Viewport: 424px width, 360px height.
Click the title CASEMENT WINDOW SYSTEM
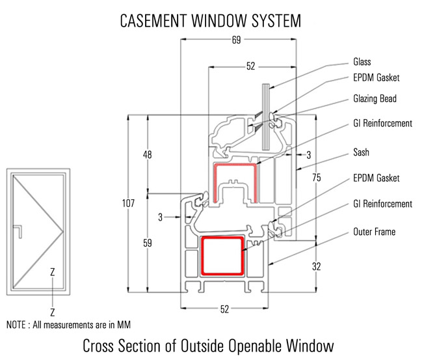pos(211,21)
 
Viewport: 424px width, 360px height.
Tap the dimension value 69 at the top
pos(235,40)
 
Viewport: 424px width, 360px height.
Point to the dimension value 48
pos(148,155)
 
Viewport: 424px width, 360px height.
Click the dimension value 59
pos(148,243)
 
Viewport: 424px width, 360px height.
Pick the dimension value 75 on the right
pos(317,177)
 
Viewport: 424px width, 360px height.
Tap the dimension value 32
pos(317,266)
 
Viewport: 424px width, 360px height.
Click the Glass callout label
pos(362,62)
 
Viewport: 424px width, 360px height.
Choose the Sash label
pos(361,152)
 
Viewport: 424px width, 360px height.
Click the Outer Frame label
pos(374,231)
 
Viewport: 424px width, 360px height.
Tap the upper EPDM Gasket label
pos(376,78)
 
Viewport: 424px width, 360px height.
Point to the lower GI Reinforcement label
pos(382,204)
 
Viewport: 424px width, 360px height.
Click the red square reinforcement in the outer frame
pos(223,255)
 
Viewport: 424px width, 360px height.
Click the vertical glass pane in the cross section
pos(265,117)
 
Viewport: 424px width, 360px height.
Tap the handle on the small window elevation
pos(21,231)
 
